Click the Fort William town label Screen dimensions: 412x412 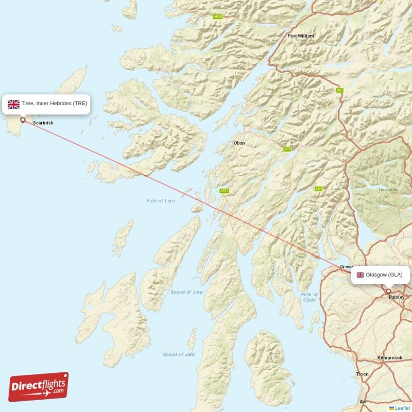(x=300, y=36)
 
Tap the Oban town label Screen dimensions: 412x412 (x=239, y=143)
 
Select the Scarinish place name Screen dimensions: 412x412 (x=43, y=123)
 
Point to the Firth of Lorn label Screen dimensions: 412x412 (x=160, y=201)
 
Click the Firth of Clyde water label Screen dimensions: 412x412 (x=309, y=297)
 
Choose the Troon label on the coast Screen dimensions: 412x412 (x=362, y=374)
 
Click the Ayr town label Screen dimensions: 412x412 (x=364, y=401)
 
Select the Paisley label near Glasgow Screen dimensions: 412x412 (x=396, y=297)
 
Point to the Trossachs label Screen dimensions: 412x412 (x=388, y=190)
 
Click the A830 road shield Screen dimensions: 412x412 (x=218, y=17)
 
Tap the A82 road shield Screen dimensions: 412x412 (x=340, y=91)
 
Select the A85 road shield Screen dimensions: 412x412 (x=287, y=149)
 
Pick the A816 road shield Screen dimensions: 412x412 (x=224, y=191)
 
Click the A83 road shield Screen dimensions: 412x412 (x=319, y=189)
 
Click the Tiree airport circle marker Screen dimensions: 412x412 (x=23, y=120)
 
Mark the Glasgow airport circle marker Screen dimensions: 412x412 (x=388, y=291)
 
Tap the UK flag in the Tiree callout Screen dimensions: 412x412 (x=13, y=104)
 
